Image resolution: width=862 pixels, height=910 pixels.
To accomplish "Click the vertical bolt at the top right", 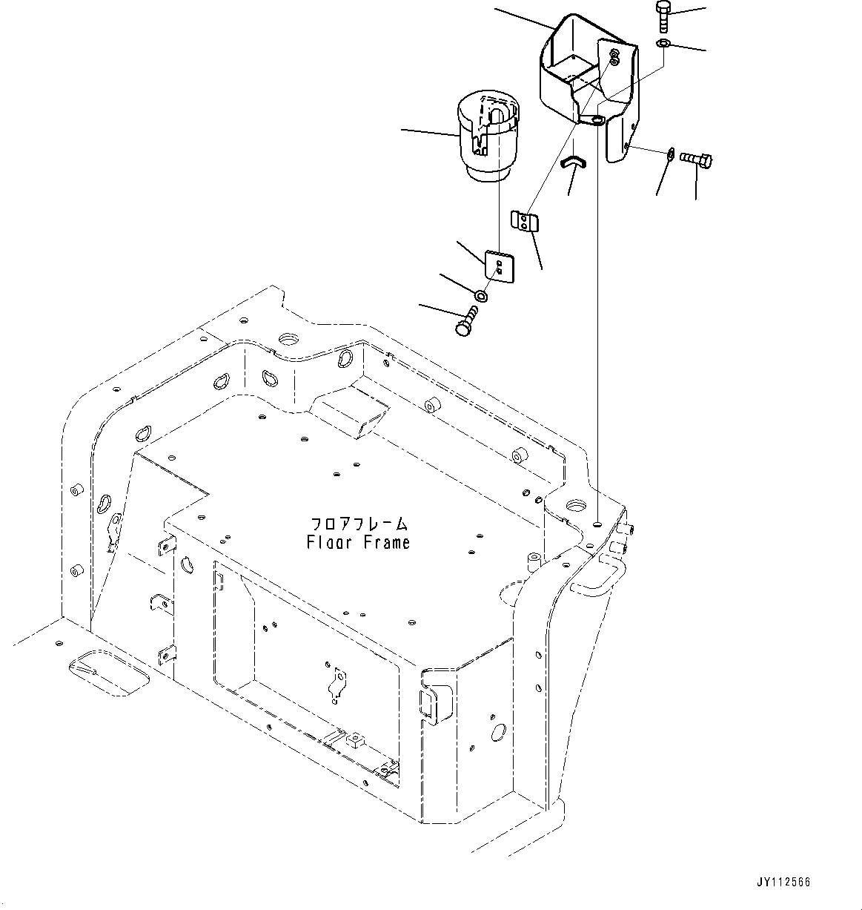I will [x=663, y=17].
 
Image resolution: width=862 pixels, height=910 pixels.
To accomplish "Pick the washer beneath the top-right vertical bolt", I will [x=663, y=44].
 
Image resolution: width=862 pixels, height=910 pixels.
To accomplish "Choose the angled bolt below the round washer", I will [x=466, y=325].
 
